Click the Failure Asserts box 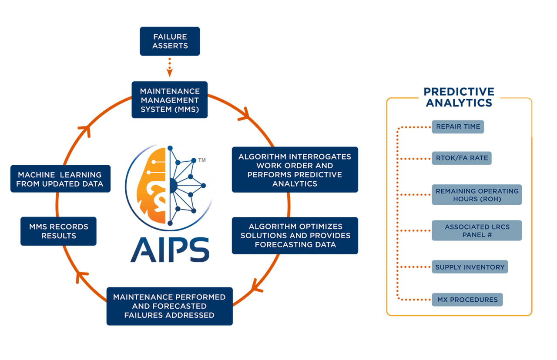[170, 41]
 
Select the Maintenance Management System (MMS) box [170, 100]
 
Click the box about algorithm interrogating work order [295, 170]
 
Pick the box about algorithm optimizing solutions [295, 236]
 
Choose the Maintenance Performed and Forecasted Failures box [169, 306]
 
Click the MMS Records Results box [58, 231]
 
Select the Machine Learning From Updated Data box [60, 179]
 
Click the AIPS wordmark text [170, 250]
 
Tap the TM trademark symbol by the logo [202, 160]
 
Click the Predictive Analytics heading [459, 97]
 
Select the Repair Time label [457, 127]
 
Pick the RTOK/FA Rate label [461, 158]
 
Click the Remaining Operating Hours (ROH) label [476, 195]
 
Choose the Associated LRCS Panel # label [476, 230]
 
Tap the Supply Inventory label [470, 267]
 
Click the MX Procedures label [467, 300]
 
